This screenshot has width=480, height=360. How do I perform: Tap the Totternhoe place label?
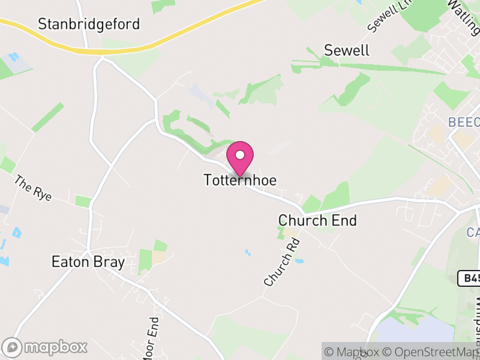click(x=240, y=180)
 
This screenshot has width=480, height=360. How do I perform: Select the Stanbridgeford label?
click(x=89, y=24)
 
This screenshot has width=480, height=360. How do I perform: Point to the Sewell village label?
click(x=347, y=50)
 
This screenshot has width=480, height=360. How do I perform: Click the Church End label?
click(x=317, y=221)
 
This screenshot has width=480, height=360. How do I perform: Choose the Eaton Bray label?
click(x=88, y=262)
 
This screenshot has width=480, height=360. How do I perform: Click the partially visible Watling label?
click(x=463, y=11)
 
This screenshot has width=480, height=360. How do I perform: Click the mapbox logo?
click(x=46, y=347)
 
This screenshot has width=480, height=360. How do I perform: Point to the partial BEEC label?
click(x=463, y=122)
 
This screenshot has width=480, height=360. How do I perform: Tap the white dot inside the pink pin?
click(x=240, y=155)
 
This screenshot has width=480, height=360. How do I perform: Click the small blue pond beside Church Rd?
click(x=300, y=262)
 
